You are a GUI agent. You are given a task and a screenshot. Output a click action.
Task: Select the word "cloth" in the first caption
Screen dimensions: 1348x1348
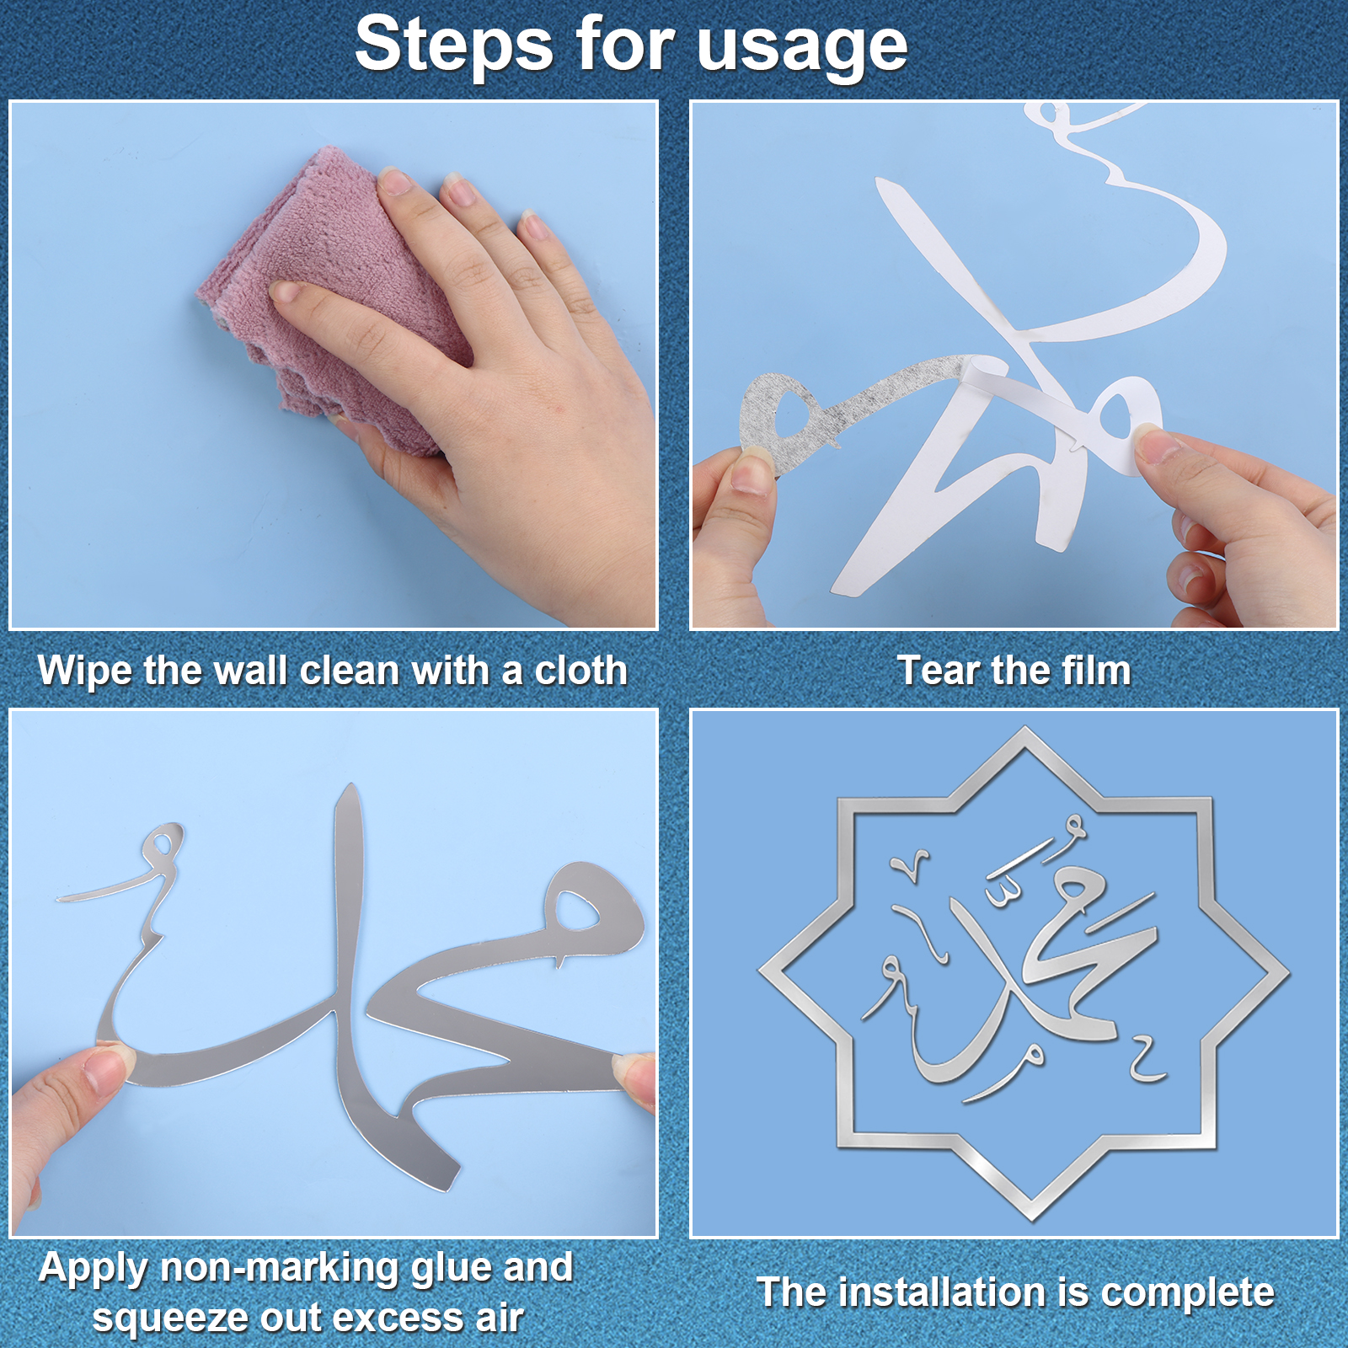click(581, 671)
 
